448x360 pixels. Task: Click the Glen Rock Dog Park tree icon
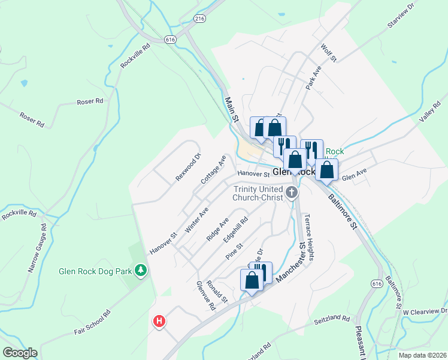[141, 271]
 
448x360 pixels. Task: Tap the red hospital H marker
[159, 322]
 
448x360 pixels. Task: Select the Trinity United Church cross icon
[292, 193]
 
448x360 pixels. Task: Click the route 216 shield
[200, 19]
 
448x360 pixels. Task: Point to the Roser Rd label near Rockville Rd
[90, 102]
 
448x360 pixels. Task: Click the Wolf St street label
[329, 52]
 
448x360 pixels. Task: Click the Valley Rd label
[429, 112]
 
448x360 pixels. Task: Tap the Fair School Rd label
[93, 322]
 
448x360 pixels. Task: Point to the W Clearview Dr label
[425, 311]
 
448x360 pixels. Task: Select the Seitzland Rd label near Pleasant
[332, 321]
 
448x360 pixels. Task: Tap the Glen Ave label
[353, 177]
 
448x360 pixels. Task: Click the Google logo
[20, 353]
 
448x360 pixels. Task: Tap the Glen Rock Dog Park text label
[95, 271]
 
